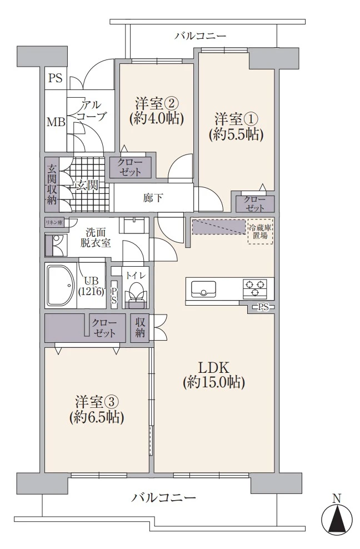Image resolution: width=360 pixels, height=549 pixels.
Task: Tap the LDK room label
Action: click(x=214, y=375)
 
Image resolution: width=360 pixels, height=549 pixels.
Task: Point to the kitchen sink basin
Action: click(x=204, y=290)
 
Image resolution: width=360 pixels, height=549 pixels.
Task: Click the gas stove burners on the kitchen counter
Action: click(x=255, y=287)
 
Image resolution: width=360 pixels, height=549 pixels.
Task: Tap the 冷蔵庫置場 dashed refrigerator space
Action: click(x=261, y=232)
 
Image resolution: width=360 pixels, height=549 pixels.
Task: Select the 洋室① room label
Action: click(x=236, y=126)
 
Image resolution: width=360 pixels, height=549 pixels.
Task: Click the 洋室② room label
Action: click(x=156, y=111)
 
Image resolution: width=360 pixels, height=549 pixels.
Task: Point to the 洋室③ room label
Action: click(x=96, y=409)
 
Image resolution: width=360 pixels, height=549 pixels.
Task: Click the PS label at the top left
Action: click(x=55, y=78)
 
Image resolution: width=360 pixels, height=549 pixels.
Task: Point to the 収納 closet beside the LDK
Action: click(x=138, y=327)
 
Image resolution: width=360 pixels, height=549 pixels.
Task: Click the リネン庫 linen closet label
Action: click(x=54, y=222)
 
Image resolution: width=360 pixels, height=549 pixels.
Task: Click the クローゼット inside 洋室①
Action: click(x=255, y=204)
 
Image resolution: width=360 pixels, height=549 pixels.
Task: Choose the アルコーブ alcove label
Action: click(x=89, y=110)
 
